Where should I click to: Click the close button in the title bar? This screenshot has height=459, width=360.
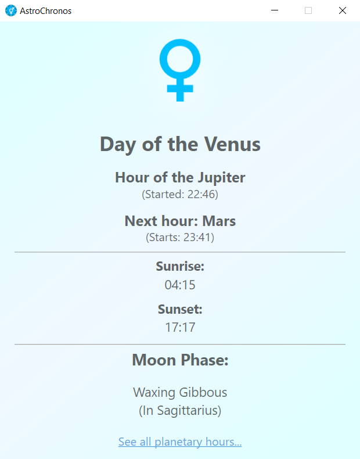click(343, 10)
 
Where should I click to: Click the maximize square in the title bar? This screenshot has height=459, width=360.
click(308, 10)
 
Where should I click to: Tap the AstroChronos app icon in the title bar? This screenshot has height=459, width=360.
click(11, 10)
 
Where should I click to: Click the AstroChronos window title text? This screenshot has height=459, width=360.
click(46, 11)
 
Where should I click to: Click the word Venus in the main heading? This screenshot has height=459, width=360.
click(232, 144)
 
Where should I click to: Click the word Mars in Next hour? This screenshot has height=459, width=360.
click(219, 221)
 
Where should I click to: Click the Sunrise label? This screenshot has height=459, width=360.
click(180, 266)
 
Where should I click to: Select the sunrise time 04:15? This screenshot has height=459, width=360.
click(180, 285)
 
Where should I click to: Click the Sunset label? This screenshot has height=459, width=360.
click(180, 309)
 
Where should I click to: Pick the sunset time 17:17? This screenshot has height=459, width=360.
click(180, 327)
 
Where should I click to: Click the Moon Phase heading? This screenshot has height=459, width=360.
click(180, 360)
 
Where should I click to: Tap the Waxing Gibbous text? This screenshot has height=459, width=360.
click(180, 393)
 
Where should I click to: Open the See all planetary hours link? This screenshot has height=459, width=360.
click(180, 442)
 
